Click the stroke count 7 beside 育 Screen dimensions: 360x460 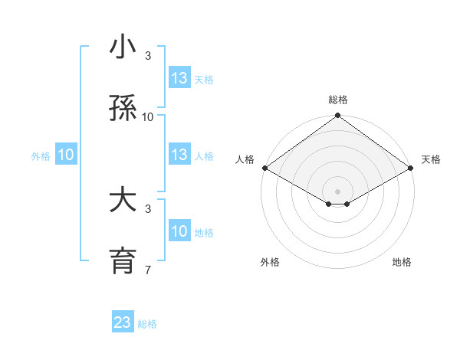(x=148, y=270)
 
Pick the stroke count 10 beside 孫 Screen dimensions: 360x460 (x=148, y=116)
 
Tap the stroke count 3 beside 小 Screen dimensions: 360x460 (x=148, y=55)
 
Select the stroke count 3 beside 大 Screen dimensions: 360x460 (x=148, y=208)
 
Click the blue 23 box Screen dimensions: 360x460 (x=123, y=322)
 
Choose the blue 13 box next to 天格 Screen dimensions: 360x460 (x=179, y=78)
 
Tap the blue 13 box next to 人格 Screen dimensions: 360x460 (x=179, y=155)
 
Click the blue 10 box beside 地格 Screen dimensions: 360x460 (x=179, y=231)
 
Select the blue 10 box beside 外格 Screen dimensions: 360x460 (x=65, y=155)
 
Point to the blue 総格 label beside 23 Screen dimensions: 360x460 (x=147, y=324)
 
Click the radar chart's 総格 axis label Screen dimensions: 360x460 (x=337, y=100)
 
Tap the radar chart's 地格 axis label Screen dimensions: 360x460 (x=402, y=262)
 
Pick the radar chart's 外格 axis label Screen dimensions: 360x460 (x=270, y=262)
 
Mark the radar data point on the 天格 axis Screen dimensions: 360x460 (x=412, y=168)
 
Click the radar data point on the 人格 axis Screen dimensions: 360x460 (x=264, y=168)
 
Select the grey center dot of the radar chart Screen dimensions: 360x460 (x=337, y=191)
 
